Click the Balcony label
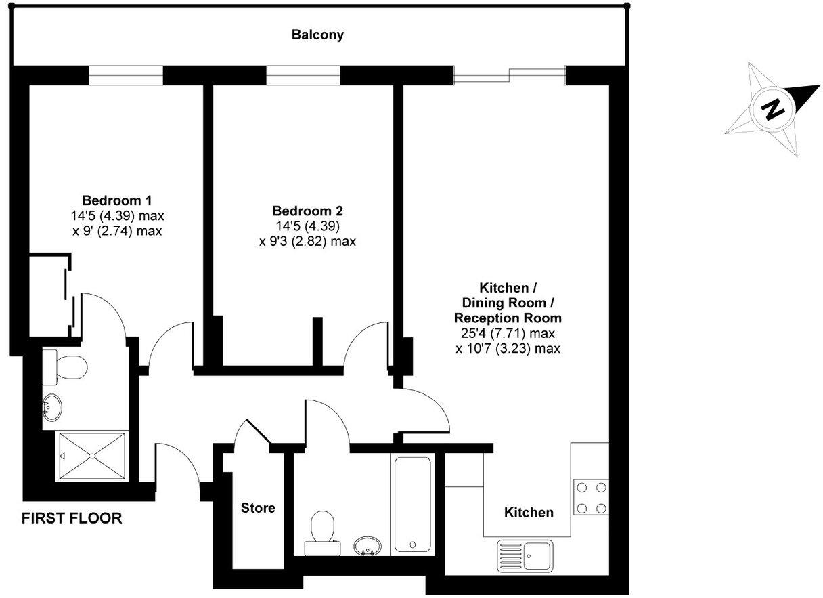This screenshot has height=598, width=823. (317, 35)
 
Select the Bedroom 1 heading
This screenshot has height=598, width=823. (116, 200)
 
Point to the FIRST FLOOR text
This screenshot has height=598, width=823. (72, 519)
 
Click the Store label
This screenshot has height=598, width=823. (259, 507)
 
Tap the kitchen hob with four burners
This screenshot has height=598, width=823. (591, 497)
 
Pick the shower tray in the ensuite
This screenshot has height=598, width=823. (91, 456)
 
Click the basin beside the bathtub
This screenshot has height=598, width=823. (368, 546)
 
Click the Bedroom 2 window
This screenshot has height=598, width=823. (303, 75)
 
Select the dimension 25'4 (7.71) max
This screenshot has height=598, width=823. (506, 334)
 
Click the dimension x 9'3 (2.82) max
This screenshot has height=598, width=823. (307, 241)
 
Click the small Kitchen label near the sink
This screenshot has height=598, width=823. (529, 513)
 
